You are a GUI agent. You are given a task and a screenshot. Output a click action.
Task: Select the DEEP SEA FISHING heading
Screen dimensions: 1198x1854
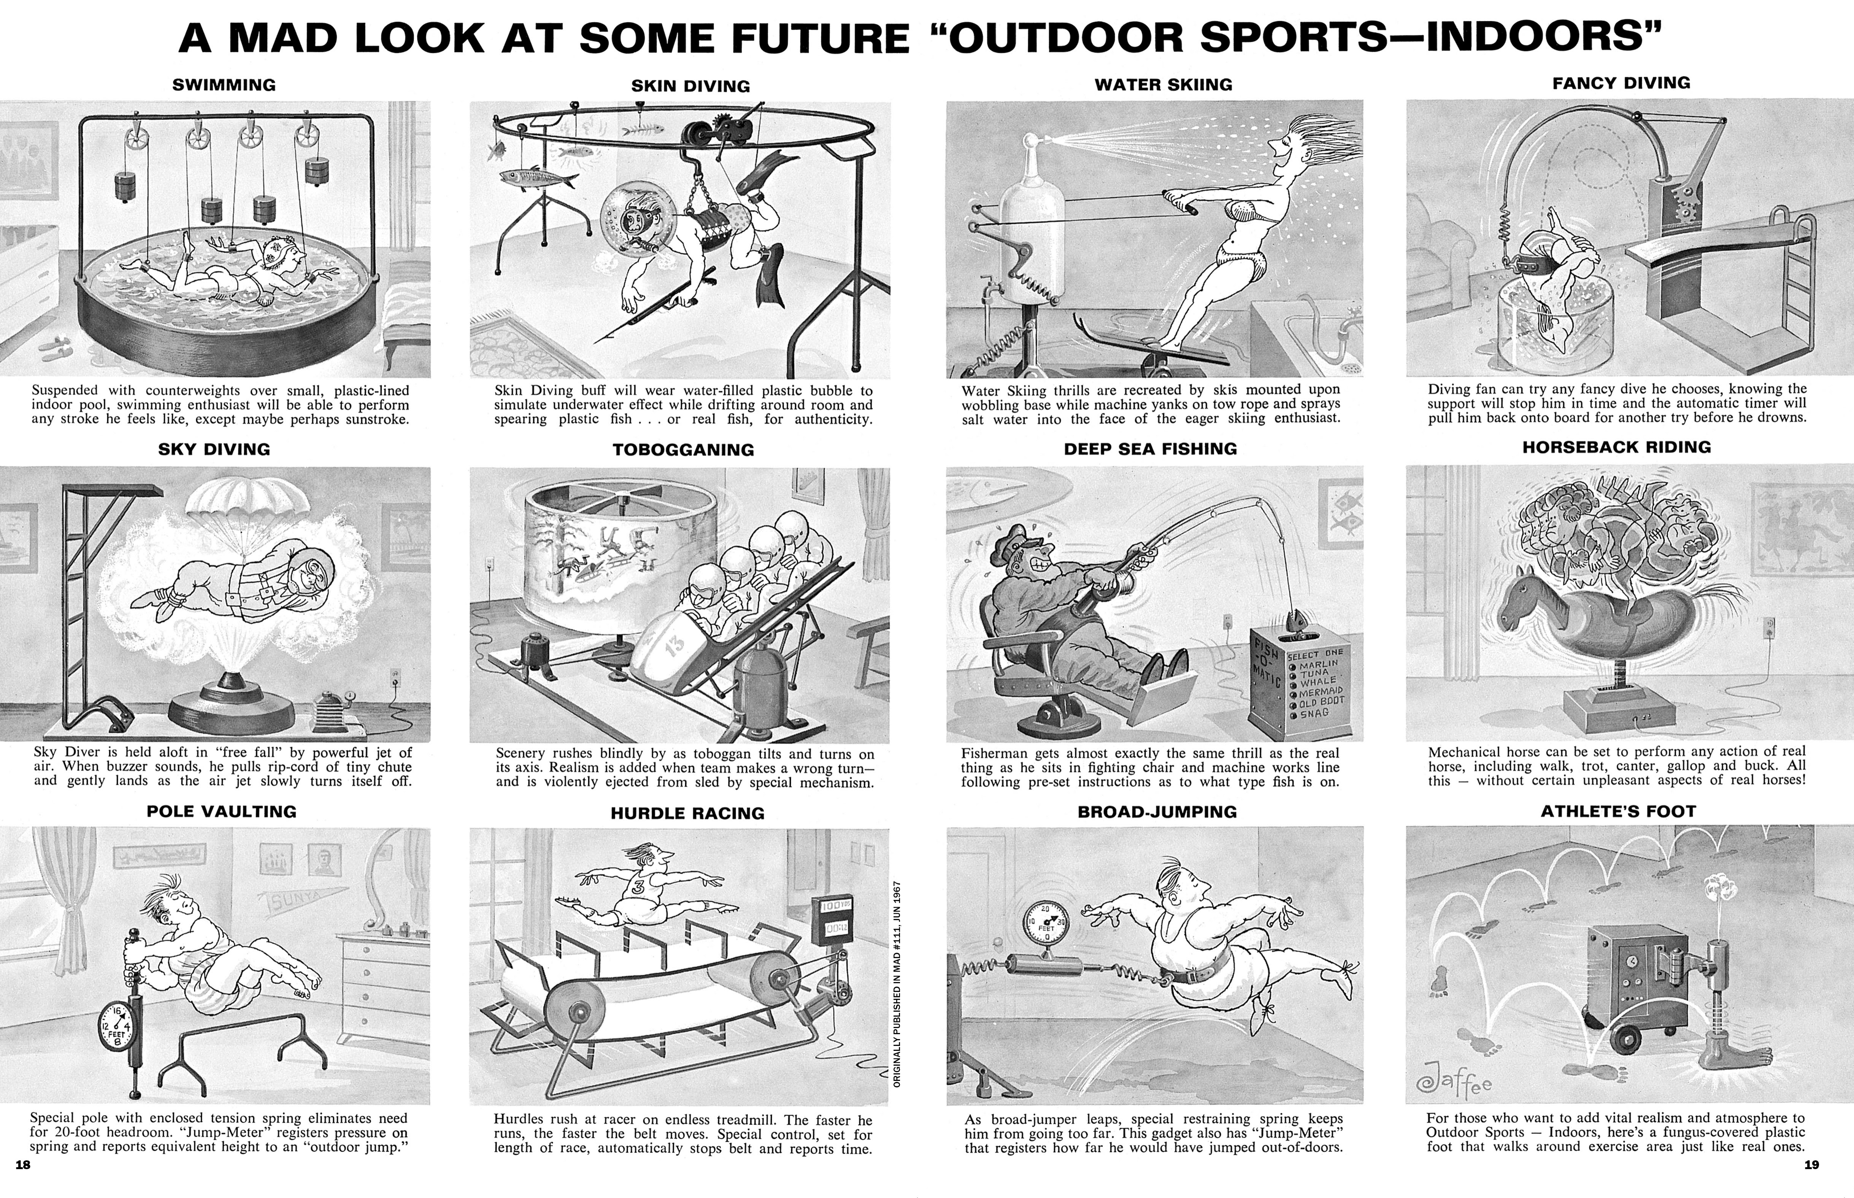[x=1150, y=449]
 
